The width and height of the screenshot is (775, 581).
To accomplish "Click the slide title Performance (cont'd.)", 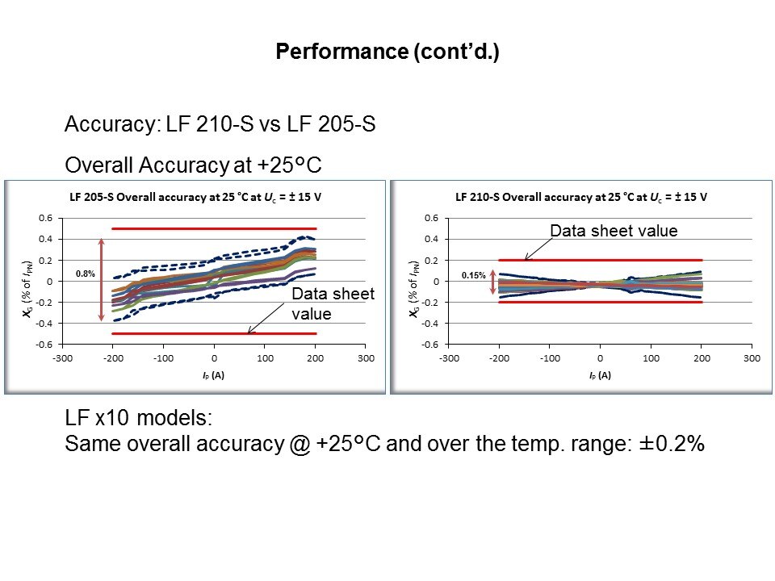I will tap(387, 52).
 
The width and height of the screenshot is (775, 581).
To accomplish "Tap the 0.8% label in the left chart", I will tap(86, 274).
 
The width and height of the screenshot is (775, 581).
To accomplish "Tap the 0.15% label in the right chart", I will tap(473, 276).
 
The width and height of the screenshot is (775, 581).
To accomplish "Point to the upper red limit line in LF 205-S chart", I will tap(214, 229).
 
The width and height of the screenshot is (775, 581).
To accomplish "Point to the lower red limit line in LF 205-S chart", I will tap(161, 333).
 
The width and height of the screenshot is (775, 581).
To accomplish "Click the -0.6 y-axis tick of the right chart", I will tap(432, 345).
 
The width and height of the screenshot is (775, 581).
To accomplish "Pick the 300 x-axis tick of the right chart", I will tap(752, 357).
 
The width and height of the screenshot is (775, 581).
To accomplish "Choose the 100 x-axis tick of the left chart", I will tap(265, 357).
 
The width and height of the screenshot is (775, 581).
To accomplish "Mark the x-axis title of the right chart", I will tap(600, 375).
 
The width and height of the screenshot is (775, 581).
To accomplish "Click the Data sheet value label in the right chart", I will tap(614, 232).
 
